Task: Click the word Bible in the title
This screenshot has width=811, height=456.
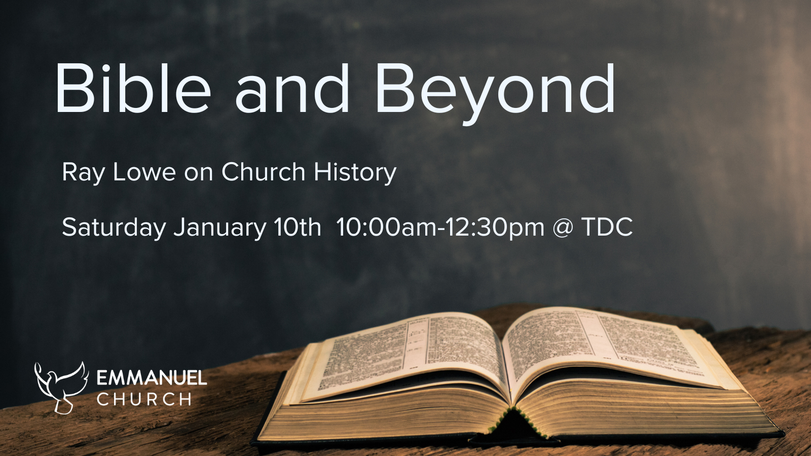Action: click(133, 89)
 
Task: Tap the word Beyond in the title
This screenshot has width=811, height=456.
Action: click(495, 90)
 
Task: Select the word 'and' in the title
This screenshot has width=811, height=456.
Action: click(292, 89)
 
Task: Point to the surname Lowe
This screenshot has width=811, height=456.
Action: click(144, 172)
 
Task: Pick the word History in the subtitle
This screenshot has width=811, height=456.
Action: click(355, 173)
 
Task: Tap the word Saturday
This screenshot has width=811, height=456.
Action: click(114, 227)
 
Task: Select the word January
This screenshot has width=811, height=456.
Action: click(219, 227)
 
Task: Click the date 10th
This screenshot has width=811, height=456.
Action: click(298, 227)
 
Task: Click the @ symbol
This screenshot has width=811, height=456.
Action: click(563, 227)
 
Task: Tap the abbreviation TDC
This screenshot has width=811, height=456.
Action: click(607, 227)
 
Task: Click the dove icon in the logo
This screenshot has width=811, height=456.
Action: click(60, 387)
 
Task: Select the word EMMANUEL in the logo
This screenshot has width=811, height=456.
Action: click(152, 378)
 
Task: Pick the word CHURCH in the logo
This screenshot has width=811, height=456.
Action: click(144, 399)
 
